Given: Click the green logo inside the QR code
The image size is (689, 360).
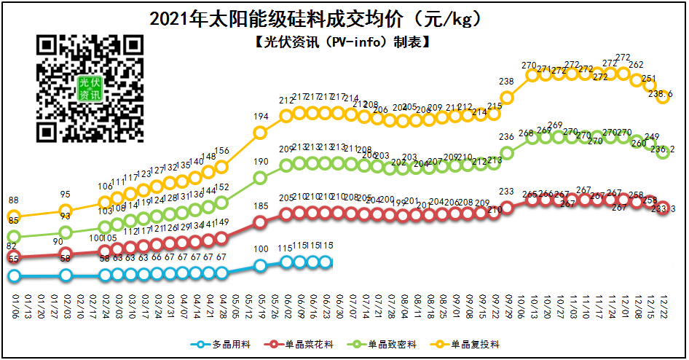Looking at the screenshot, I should coord(91,89).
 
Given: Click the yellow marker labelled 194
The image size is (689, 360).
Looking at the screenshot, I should coord(260,132).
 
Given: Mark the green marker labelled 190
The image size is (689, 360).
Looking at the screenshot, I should coord(260,177).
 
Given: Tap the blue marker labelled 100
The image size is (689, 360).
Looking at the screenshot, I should coord(260,266).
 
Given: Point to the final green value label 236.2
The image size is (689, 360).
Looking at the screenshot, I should coord(661,149).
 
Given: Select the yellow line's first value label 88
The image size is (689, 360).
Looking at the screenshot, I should coord(14,200).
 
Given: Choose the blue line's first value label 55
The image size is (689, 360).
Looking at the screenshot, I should coord(14,259).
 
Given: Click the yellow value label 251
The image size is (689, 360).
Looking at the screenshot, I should coord(650,79).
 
